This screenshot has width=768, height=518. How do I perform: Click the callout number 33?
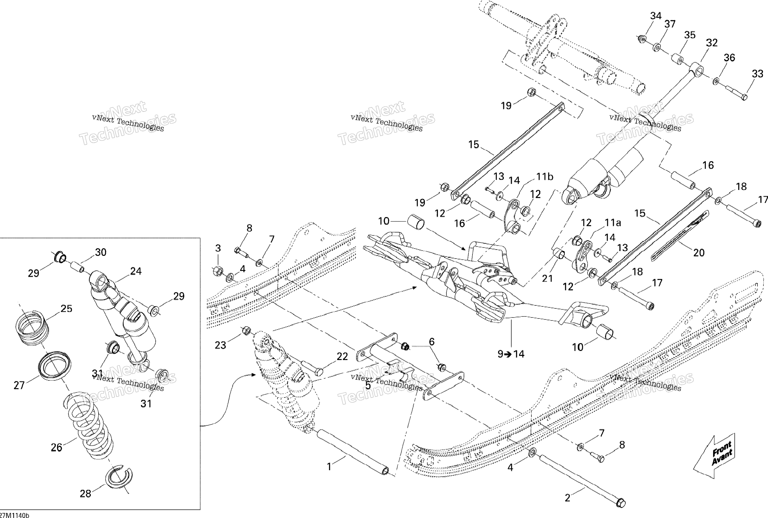coord(758,74)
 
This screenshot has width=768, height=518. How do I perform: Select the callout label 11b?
coord(544,177)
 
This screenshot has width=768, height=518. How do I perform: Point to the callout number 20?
coord(699,252)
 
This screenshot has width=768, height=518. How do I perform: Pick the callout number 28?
coord(86,494)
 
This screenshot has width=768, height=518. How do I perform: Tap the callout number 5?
coord(368,385)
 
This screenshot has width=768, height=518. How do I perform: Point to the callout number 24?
coord(136,271)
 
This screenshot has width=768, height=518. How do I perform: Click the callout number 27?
coord(19,385)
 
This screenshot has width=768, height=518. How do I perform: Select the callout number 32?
coord(712,43)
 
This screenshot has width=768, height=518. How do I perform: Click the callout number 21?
coord(547,279)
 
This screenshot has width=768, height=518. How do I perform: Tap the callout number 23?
coord(220,345)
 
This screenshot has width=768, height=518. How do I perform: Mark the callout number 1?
coord(329,467)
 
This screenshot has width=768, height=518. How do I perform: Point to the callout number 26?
coord(56,447)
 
